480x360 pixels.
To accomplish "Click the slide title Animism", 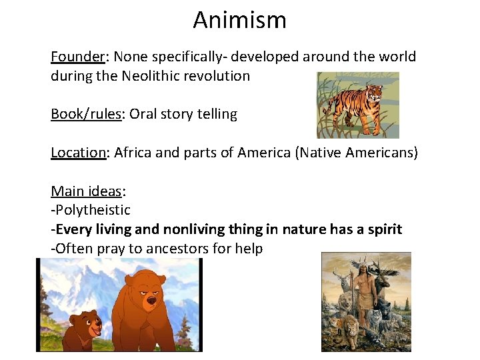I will (x=239, y=20).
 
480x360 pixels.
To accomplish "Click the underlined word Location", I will (x=78, y=153).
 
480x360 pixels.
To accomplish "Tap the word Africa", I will (x=133, y=153).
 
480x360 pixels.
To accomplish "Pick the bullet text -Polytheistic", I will (x=91, y=210).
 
